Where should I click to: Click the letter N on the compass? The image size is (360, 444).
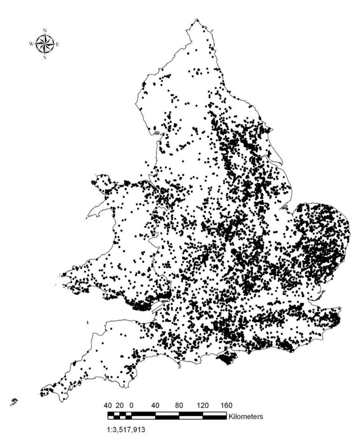pos(45,31)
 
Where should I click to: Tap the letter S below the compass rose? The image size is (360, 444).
pos(45,58)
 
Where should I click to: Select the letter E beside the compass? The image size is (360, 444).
pos(58,44)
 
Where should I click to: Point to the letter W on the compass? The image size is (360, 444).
pos(31,44)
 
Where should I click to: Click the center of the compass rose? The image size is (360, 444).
pos(45,44)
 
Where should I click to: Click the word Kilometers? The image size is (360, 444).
pos(246,415)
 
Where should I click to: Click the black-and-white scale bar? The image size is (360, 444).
pos(167,415)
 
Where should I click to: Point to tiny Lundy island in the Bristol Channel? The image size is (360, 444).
pos(89,322)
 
